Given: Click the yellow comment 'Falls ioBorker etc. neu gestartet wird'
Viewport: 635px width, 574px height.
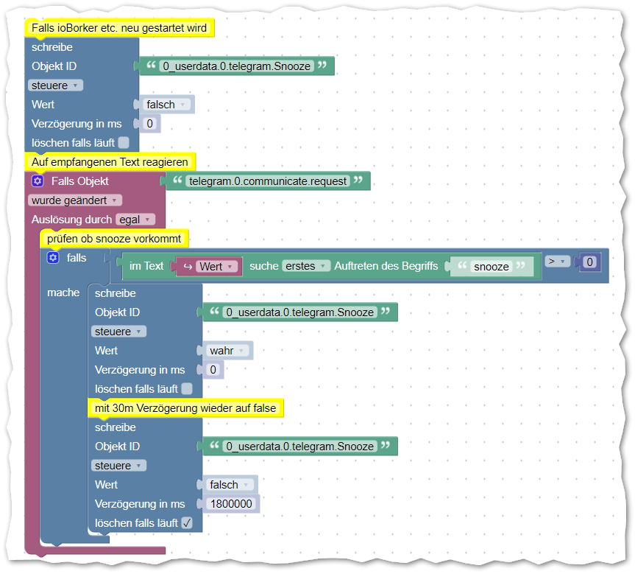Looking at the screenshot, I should (119, 28).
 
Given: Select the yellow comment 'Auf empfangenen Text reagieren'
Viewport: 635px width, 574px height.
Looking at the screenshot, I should (110, 161).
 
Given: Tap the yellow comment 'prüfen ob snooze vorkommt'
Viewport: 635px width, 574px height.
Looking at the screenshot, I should (114, 239).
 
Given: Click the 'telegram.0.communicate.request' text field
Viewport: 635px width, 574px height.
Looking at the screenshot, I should (267, 181).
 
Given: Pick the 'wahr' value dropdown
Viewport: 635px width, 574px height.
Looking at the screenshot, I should (227, 351).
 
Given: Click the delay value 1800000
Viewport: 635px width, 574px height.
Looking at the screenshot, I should (231, 504).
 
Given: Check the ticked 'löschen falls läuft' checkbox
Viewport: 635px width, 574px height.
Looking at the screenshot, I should (187, 523).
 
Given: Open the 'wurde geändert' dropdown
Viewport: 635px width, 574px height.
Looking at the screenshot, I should (74, 200).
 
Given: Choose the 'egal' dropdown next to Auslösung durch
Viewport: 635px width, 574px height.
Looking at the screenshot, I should (135, 220).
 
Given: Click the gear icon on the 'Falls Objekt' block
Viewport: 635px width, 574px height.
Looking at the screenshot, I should (38, 181).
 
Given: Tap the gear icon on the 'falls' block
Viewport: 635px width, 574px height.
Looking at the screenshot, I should (53, 258).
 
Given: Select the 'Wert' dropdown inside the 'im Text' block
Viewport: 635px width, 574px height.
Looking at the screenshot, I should (216, 266).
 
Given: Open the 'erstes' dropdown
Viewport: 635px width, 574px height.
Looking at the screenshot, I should (305, 266).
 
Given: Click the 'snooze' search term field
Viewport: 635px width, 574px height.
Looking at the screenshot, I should (491, 267).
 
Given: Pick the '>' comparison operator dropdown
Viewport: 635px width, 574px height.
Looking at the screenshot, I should (557, 261).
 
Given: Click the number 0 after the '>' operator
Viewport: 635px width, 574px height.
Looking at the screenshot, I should (589, 262).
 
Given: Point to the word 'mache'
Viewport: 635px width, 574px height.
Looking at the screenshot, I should (63, 293).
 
